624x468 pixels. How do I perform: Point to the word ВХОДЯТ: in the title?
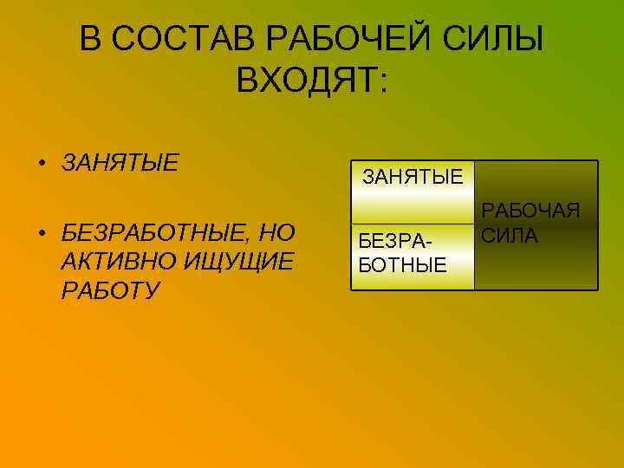click(313, 84)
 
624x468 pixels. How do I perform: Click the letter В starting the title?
click(90, 39)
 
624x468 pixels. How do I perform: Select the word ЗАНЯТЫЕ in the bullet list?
click(120, 162)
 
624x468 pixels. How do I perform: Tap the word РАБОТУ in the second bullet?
click(111, 289)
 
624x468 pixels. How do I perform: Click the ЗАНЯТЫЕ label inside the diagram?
click(412, 178)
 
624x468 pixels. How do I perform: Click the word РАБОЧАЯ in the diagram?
click(530, 211)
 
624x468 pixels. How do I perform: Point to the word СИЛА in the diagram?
click(510, 236)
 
